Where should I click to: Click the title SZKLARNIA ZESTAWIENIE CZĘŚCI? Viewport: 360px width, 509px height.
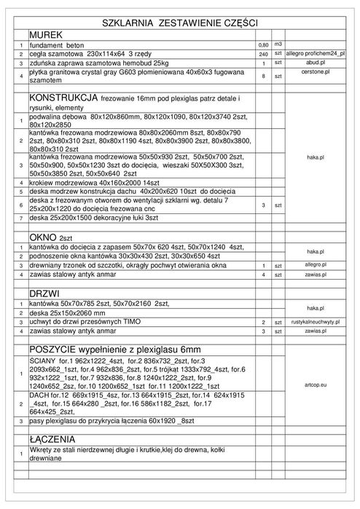[179, 23]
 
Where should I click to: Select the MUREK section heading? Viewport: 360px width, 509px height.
[46, 34]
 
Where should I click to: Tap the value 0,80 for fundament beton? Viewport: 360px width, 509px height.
[263, 44]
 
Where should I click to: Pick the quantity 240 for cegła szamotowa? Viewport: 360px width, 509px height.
[263, 54]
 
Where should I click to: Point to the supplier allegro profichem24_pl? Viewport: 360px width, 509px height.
[316, 54]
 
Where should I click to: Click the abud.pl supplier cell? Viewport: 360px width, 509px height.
[316, 63]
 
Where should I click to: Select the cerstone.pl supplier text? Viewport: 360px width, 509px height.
[316, 72]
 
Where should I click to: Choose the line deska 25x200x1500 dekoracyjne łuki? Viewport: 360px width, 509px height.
[93, 217]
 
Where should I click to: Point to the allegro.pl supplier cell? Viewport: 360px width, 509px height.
[316, 266]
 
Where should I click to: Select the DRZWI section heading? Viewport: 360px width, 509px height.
[45, 293]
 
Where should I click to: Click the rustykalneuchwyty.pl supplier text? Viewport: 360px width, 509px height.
[316, 321]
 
